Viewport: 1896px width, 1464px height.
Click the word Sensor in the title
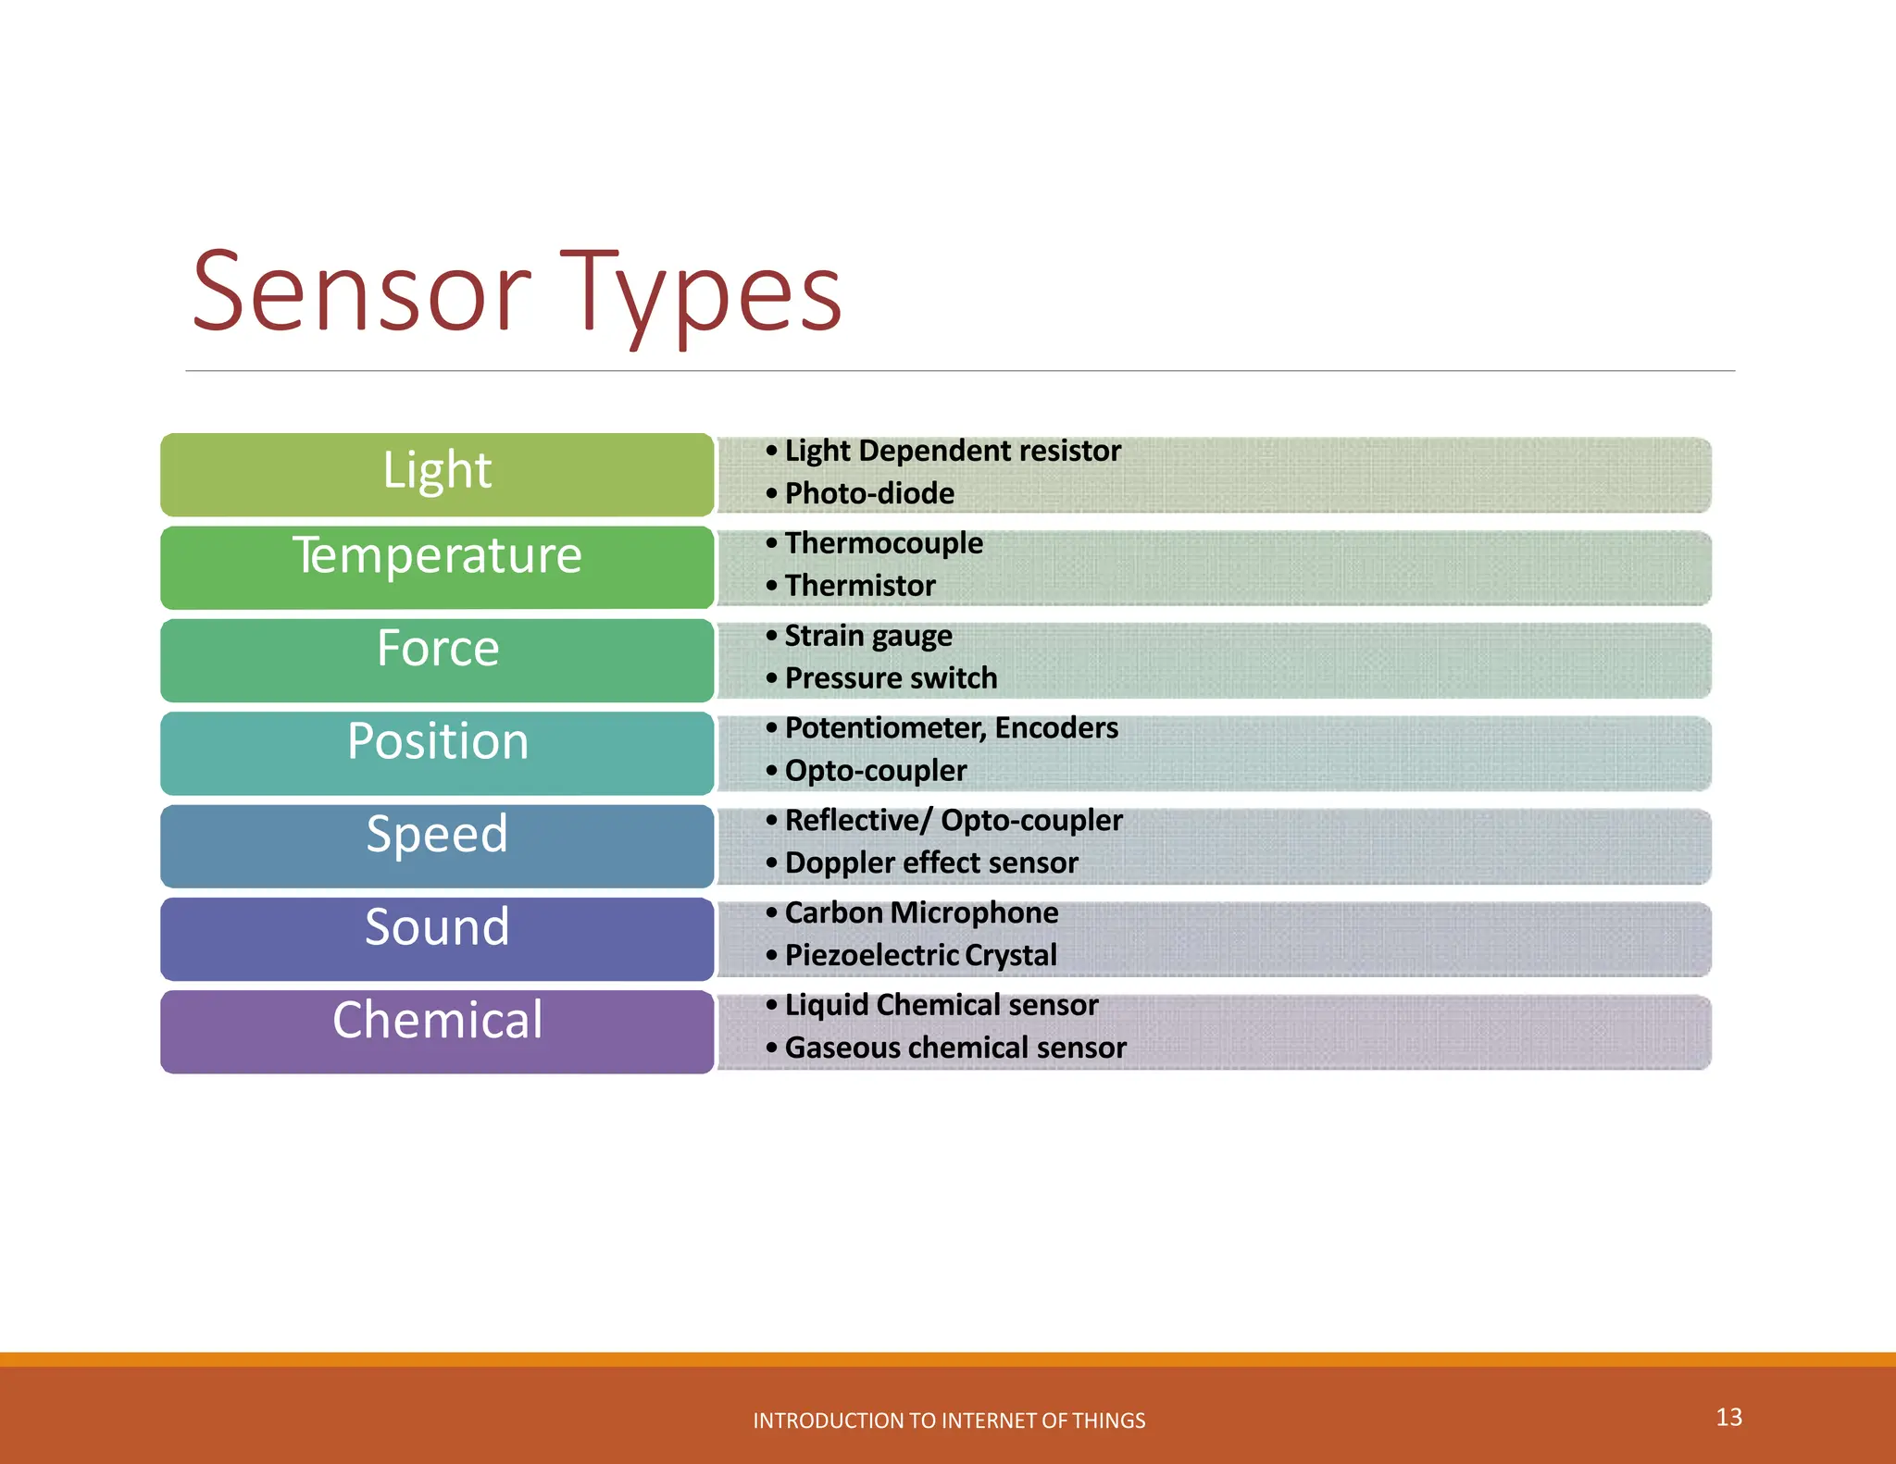pos(361,294)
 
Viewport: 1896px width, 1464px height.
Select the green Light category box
pos(437,474)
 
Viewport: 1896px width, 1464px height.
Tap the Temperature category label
pos(437,556)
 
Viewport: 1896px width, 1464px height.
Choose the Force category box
pos(437,659)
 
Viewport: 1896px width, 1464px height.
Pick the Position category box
pos(437,751)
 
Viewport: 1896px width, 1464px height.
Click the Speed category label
pos(437,835)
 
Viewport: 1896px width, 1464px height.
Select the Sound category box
pos(437,937)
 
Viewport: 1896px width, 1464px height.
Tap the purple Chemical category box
pos(437,1030)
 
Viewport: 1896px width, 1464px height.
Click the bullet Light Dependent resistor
pos(952,451)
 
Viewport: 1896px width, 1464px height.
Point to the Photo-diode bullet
pos(868,493)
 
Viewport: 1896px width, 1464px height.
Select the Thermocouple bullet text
pos(883,543)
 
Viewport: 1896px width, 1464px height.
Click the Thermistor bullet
pos(859,586)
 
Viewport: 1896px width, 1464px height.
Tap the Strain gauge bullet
pos(867,636)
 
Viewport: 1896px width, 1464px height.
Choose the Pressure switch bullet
pos(891,678)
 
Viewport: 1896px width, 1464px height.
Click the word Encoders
pos(1056,728)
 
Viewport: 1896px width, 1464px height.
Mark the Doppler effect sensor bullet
pos(931,863)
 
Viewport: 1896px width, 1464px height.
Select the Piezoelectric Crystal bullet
pos(920,955)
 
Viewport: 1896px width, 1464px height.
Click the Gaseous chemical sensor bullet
pos(955,1048)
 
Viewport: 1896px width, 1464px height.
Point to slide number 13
pos(1728,1417)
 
